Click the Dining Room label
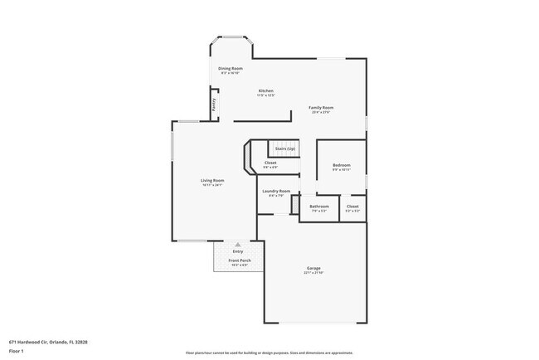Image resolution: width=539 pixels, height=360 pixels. [230, 68]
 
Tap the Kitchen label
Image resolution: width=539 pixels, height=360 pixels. [265, 90]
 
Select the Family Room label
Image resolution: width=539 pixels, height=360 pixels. [321, 107]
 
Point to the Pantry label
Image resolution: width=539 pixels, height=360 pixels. [214, 105]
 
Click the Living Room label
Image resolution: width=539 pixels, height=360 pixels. [212, 180]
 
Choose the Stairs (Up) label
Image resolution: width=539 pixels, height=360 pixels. [285, 148]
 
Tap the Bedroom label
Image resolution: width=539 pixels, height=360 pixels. [342, 165]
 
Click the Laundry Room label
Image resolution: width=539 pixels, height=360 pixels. [276, 191]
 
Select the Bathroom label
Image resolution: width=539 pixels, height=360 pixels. [319, 206]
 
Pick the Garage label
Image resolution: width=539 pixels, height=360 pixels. [313, 268]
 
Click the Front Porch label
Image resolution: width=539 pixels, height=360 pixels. [240, 260]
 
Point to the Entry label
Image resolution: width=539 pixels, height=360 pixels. [237, 251]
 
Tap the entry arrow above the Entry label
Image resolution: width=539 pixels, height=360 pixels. [238, 245]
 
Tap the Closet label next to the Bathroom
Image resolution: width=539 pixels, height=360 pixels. [352, 206]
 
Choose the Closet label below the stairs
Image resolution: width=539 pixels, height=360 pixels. [270, 163]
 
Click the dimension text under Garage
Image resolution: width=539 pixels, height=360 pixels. [313, 273]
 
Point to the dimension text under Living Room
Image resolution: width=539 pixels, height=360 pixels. [212, 185]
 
